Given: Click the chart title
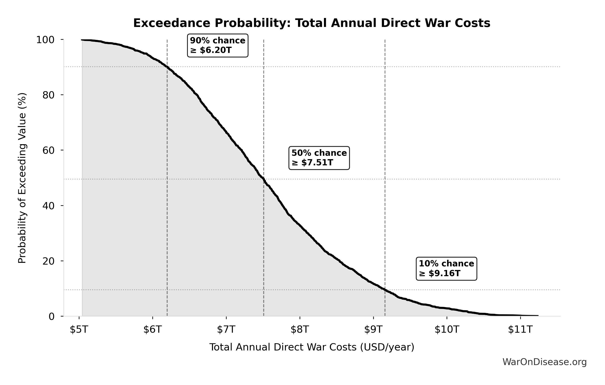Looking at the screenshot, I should coord(312,23).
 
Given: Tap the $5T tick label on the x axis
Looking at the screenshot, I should coord(79,329).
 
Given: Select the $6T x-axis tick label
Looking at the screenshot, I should coord(153,329).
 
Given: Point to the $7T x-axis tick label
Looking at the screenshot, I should coord(226,329).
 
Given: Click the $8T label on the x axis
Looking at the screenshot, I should coord(300,329).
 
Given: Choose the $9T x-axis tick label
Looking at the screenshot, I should coord(373,329).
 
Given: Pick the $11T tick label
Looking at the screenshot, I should coord(520,329).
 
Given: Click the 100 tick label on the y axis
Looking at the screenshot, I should coord(45,40).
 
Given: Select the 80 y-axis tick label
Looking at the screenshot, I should coord(48,95).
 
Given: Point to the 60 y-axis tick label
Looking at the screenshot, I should coord(48,150).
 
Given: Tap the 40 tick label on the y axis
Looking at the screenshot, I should coord(48,206).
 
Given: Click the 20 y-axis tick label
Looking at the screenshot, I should coord(48,261).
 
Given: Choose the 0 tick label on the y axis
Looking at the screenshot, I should coord(51,317).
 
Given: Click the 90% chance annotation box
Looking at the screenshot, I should coord(218,46).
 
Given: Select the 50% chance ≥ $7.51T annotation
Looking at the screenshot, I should coord(319,158).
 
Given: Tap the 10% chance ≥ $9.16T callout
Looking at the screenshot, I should coord(446,269).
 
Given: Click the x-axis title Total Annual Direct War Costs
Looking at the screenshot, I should coord(312,347).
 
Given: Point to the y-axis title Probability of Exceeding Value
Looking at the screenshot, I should coord(22,178).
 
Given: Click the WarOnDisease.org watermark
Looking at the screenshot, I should coord(544,362).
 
